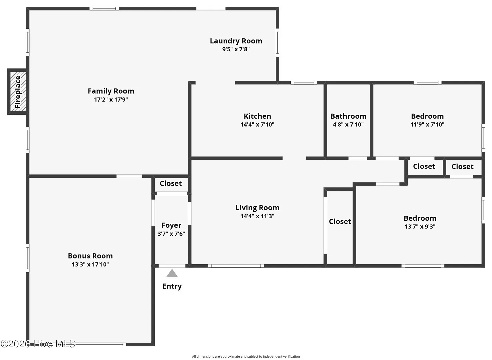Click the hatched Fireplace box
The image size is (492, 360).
pyautogui.click(x=18, y=92)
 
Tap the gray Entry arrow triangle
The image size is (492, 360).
pyautogui.click(x=172, y=273)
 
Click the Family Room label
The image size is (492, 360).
pyautogui.click(x=111, y=91)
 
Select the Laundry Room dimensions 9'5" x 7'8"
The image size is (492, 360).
pyautogui.click(x=236, y=49)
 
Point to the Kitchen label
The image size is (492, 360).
pyautogui.click(x=257, y=116)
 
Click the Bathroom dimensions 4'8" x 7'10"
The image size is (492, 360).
pyautogui.click(x=348, y=125)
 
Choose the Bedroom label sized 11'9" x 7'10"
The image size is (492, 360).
pyautogui.click(x=427, y=116)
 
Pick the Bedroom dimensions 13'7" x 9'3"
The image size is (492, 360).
pyautogui.click(x=420, y=226)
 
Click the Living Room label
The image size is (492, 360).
pyautogui.click(x=257, y=208)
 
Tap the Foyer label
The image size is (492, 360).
pyautogui.click(x=171, y=225)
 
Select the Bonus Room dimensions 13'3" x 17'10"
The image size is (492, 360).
pyautogui.click(x=90, y=264)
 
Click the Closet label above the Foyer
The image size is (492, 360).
pyautogui.click(x=171, y=183)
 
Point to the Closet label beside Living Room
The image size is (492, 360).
pyautogui.click(x=340, y=221)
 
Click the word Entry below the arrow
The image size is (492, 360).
pyautogui.click(x=172, y=286)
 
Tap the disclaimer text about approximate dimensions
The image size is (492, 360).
pyautogui.click(x=246, y=356)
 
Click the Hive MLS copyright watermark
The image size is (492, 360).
pyautogui.click(x=38, y=344)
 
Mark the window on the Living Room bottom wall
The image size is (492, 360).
pyautogui.click(x=236, y=266)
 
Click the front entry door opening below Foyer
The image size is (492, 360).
pyautogui.click(x=172, y=266)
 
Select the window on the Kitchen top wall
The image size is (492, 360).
pyautogui.click(x=304, y=83)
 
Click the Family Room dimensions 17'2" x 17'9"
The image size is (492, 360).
pyautogui.click(x=111, y=99)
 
